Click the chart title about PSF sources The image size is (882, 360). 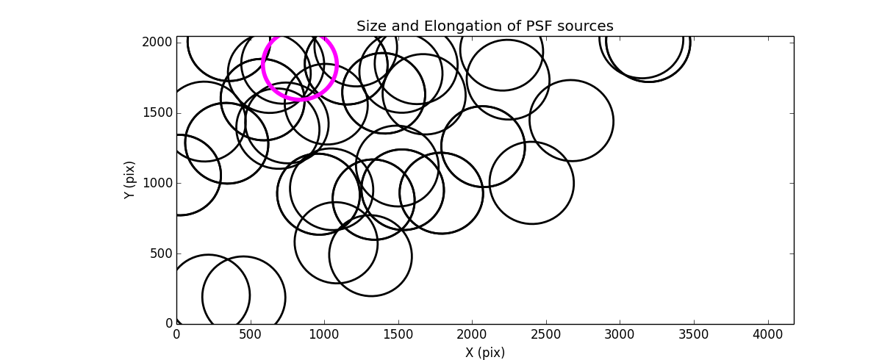[x=484, y=26]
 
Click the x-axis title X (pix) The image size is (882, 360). [x=484, y=353]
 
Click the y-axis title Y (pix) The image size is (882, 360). [x=129, y=180]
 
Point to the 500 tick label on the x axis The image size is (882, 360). [x=251, y=335]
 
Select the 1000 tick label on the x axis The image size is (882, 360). [x=324, y=335]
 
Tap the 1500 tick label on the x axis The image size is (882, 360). [x=398, y=335]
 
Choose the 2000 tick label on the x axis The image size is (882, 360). [x=472, y=335]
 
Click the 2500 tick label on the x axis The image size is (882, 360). [x=546, y=335]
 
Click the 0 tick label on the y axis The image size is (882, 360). [x=168, y=323]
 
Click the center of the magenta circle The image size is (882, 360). [x=300, y=65]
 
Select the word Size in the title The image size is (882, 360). [x=370, y=26]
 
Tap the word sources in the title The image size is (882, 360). [x=586, y=26]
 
